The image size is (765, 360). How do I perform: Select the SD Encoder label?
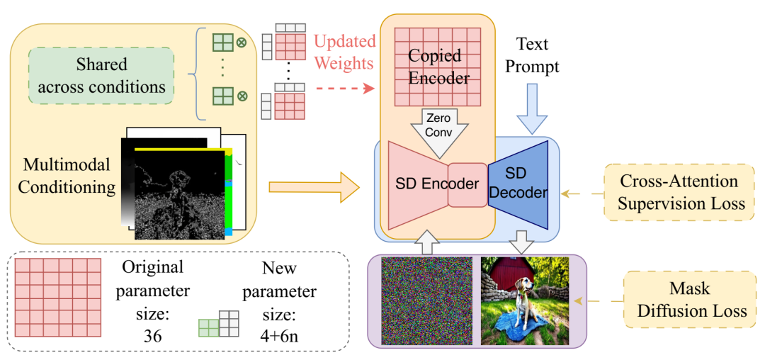click(x=437, y=184)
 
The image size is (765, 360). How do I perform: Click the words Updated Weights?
click(x=344, y=52)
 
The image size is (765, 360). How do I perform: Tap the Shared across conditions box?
click(x=101, y=76)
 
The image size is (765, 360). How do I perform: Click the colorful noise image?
click(x=427, y=300)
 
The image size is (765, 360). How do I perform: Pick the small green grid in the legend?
click(x=209, y=328)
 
